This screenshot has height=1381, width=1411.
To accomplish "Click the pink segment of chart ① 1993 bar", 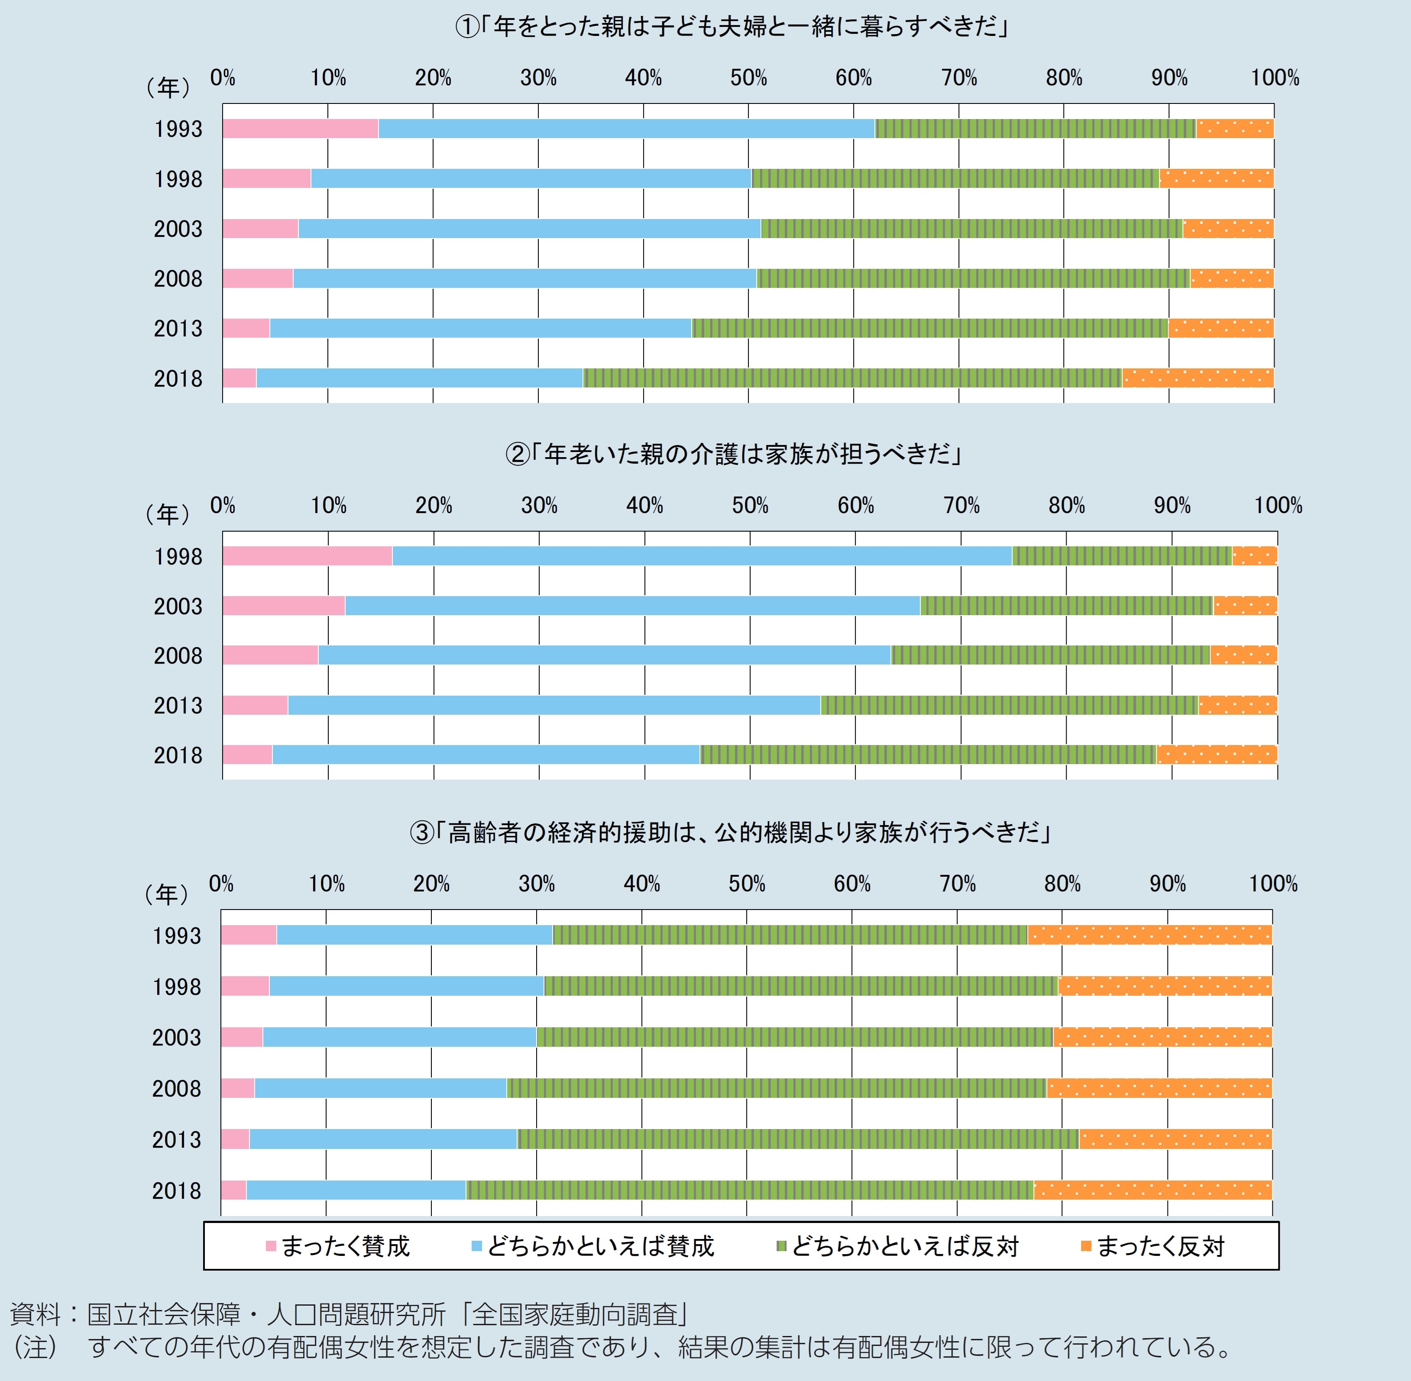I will pos(300,129).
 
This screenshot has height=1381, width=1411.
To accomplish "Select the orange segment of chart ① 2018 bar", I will pos(1198,378).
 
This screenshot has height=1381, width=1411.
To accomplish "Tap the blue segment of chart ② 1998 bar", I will pos(702,555).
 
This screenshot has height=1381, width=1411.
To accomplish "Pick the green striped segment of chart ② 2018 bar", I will pos(928,754).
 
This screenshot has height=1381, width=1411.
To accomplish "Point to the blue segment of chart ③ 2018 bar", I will pos(356,1190).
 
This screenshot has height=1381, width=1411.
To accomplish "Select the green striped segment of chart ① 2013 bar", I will pos(929,328).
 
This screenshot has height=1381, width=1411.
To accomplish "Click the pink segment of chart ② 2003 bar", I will pos(284,606).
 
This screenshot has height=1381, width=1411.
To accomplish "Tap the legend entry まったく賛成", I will pos(338,1246).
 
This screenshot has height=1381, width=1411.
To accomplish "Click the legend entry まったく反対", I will pos(1153,1246).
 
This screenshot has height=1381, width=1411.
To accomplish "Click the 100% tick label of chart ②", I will pos(1278,506).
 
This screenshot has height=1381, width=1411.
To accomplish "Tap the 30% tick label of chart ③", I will pos(537,884).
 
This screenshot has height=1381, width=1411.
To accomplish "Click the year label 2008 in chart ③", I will pos(176,1088).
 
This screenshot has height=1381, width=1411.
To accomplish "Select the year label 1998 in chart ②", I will pos(178,556).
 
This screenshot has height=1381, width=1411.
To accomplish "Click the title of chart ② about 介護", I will pos(733,455).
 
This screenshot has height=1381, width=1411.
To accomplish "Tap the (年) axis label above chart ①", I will pos(168,88).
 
